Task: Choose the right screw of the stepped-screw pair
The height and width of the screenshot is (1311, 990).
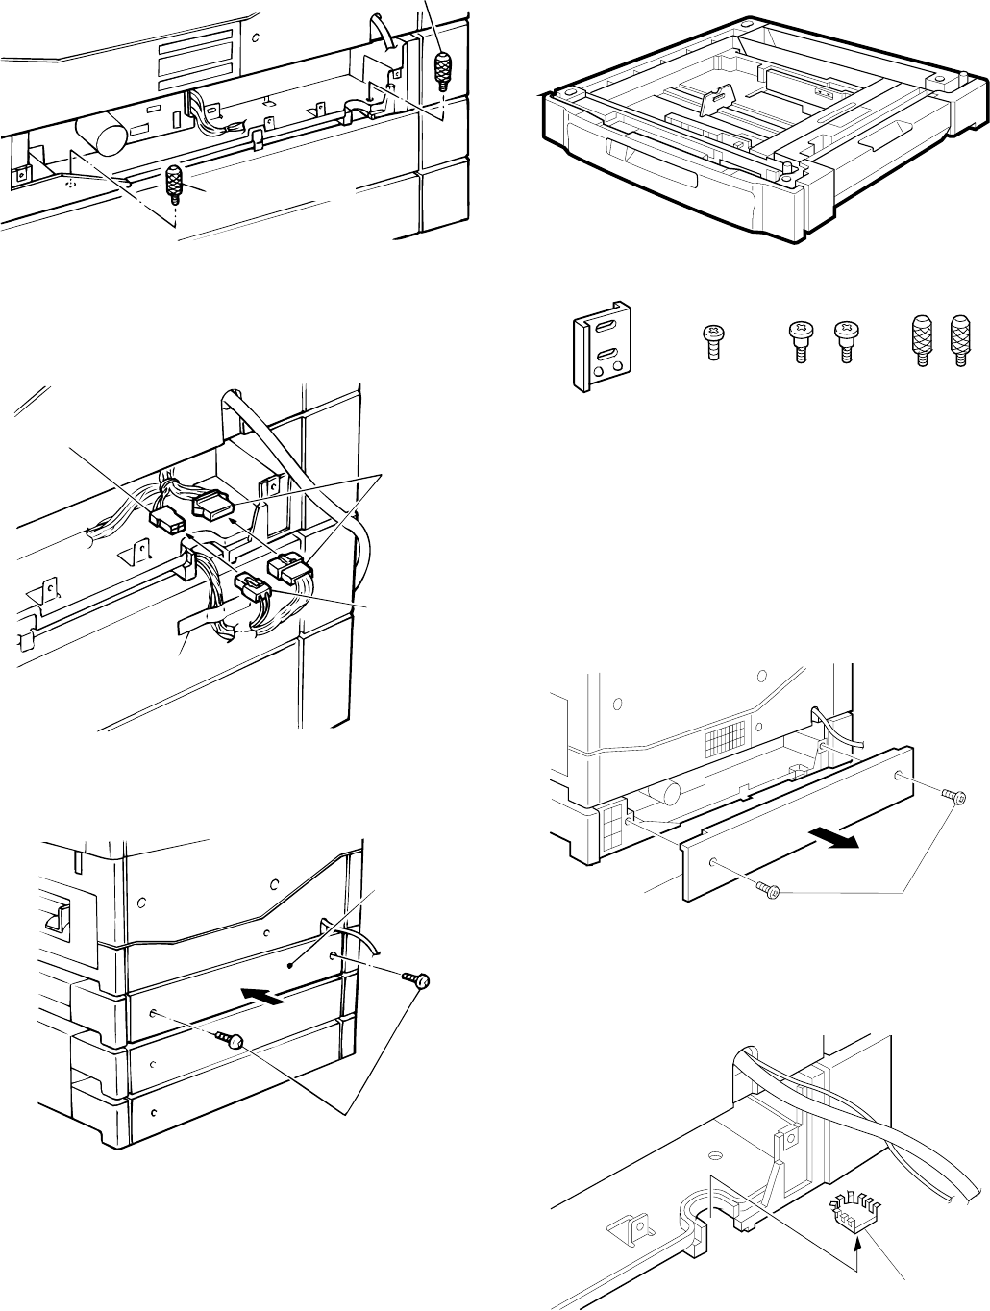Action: click(844, 342)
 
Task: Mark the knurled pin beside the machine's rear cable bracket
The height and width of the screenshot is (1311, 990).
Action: click(442, 71)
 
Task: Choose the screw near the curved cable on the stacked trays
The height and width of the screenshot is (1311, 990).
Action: click(417, 980)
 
